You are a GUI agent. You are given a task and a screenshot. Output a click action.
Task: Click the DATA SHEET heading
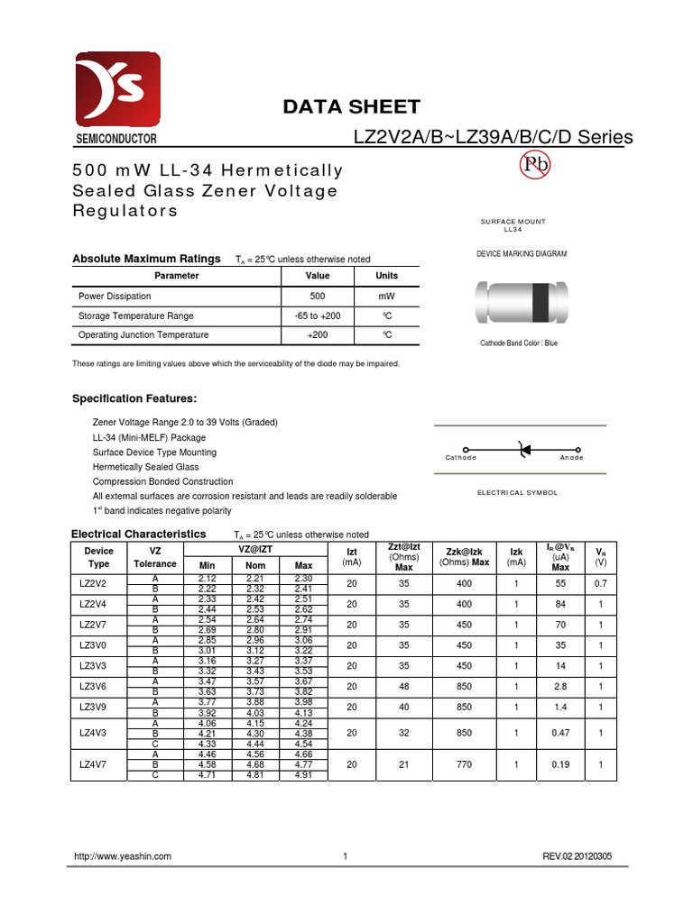pos(351,107)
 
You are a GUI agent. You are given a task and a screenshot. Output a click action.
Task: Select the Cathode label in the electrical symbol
pos(461,458)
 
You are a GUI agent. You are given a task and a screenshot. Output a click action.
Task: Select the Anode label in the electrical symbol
pos(571,458)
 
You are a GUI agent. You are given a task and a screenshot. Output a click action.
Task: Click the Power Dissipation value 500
pos(318,296)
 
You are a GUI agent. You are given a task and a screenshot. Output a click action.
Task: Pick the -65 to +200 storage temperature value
pos(318,315)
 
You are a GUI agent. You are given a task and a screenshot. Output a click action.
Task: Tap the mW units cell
pos(386,296)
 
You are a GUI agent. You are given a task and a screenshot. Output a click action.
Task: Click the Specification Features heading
pos(134,398)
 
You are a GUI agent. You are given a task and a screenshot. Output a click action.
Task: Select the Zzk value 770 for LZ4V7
pos(464,763)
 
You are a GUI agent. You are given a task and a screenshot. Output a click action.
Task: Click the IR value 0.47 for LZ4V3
pos(560,734)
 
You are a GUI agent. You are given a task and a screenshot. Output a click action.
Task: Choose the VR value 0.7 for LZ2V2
pos(600,583)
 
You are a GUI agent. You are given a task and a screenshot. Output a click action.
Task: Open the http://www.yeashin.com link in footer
pos(122,856)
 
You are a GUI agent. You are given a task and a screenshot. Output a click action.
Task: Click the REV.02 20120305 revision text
pos(577,856)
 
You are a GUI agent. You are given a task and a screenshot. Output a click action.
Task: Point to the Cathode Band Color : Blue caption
pos(518,343)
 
